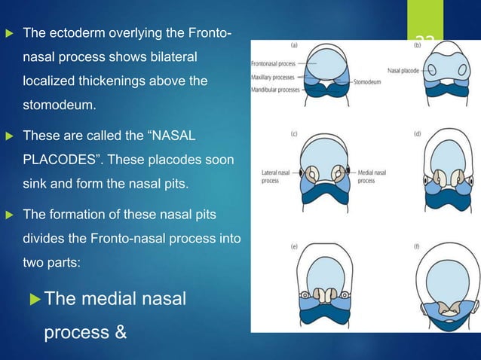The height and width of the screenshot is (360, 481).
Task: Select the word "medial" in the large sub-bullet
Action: (116, 301)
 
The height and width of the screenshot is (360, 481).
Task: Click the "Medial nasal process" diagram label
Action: (372, 177)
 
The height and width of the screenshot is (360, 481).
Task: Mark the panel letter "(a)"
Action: (293, 45)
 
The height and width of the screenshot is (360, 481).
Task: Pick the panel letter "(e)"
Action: (293, 246)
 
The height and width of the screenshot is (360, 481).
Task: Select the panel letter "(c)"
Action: (293, 136)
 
